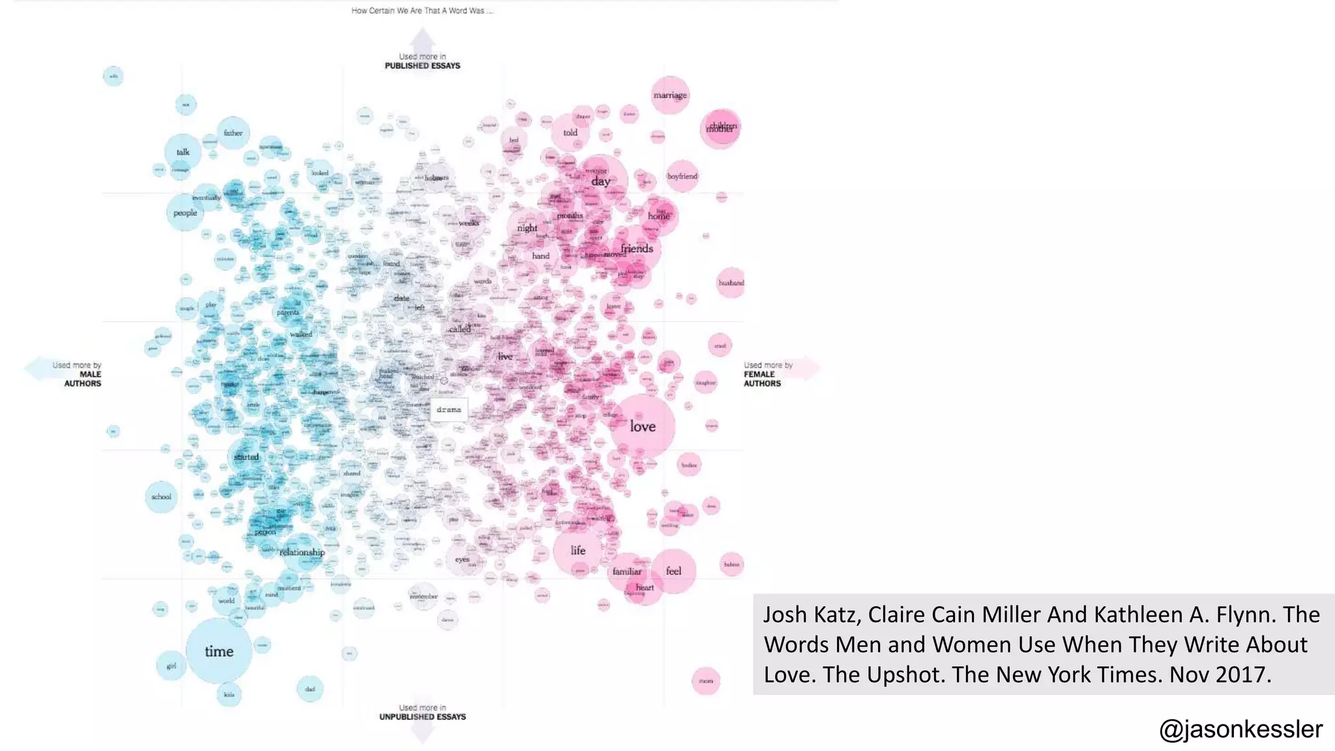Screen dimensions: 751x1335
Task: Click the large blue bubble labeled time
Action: coord(218,651)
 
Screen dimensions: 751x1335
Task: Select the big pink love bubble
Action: coord(642,426)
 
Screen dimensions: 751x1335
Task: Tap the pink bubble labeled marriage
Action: coord(670,95)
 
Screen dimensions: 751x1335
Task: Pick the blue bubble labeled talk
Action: coord(183,153)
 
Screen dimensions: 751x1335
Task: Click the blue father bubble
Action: coord(233,133)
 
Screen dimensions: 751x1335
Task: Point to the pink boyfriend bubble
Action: coord(682,176)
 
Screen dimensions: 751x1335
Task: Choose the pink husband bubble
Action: coord(731,283)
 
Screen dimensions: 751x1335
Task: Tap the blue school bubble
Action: coord(161,497)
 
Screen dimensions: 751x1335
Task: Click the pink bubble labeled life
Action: coord(578,550)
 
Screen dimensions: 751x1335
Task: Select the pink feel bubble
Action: coord(673,571)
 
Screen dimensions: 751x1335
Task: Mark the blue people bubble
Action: coord(185,213)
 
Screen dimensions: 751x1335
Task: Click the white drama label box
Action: coord(448,410)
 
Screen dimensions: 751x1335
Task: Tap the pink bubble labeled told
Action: coord(570,133)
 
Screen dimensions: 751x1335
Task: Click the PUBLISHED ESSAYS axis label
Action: coord(422,66)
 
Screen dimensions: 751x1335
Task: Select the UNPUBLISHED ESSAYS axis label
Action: coord(422,716)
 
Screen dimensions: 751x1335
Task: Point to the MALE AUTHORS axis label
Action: coord(83,379)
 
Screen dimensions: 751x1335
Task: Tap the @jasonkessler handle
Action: coord(1240,729)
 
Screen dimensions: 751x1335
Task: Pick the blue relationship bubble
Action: coord(302,552)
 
